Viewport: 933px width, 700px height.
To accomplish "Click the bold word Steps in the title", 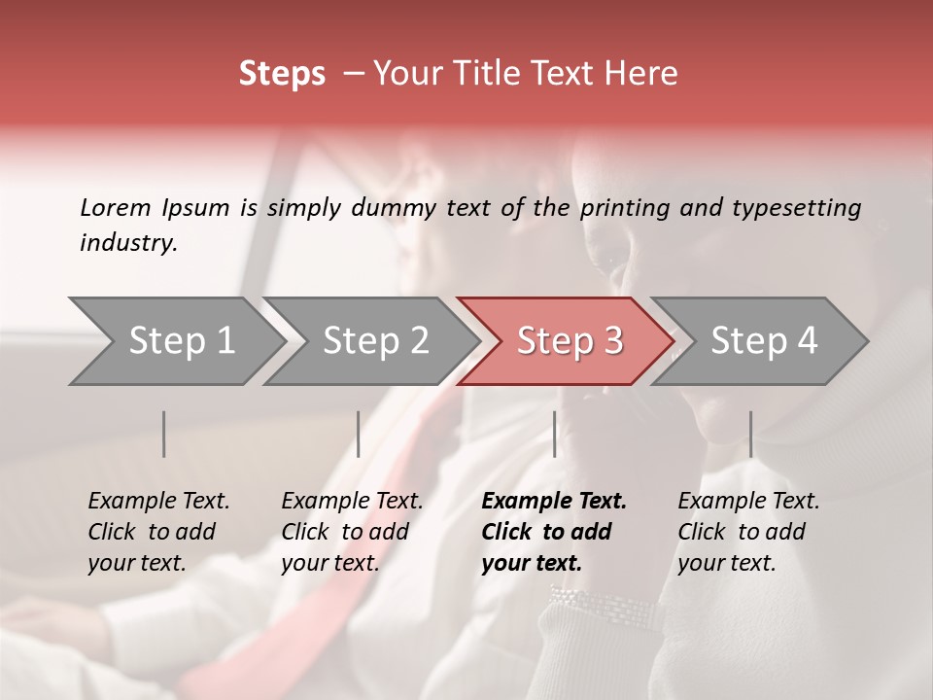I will click(x=282, y=75).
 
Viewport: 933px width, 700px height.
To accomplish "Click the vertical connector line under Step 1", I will click(x=164, y=434).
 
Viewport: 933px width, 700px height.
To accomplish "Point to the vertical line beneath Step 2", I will click(x=359, y=434).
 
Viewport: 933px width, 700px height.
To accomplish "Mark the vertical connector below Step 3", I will click(x=555, y=434).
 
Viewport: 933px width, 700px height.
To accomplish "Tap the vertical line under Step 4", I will click(x=750, y=434).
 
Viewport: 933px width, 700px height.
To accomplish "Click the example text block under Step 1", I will click(x=158, y=532).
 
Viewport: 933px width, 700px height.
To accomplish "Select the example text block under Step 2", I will click(x=352, y=532).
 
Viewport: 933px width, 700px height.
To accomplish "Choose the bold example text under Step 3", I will click(x=554, y=532).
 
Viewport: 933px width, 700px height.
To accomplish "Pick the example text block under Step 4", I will click(x=748, y=532).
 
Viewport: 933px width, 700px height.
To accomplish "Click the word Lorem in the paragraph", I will click(x=116, y=207).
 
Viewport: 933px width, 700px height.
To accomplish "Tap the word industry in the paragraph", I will click(x=128, y=243).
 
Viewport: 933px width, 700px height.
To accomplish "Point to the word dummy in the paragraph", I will click(x=398, y=207).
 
